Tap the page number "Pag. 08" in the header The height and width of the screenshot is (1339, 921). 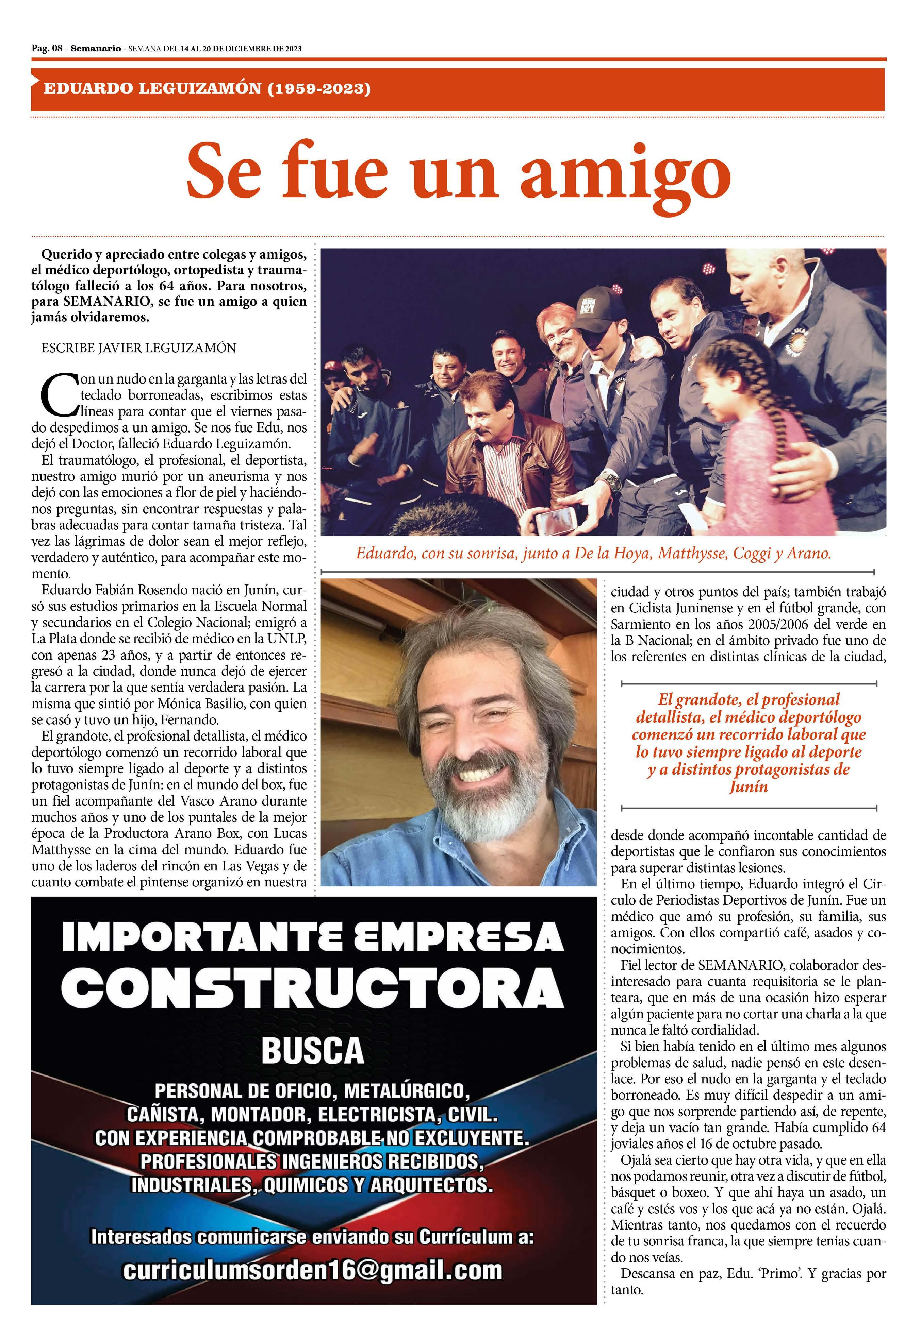[47, 49]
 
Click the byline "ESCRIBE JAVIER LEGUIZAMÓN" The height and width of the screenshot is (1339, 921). [138, 348]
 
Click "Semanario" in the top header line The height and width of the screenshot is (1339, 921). [95, 49]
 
